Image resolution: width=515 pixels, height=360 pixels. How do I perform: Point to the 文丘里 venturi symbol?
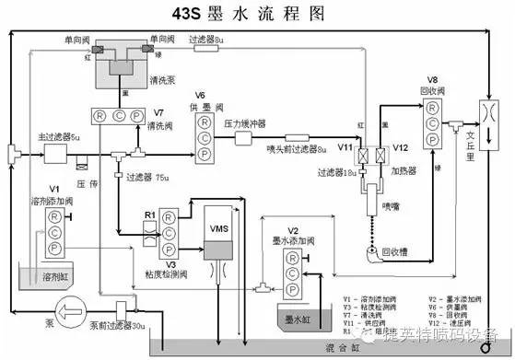click(x=486, y=122)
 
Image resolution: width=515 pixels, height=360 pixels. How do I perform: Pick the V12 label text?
click(x=399, y=145)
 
